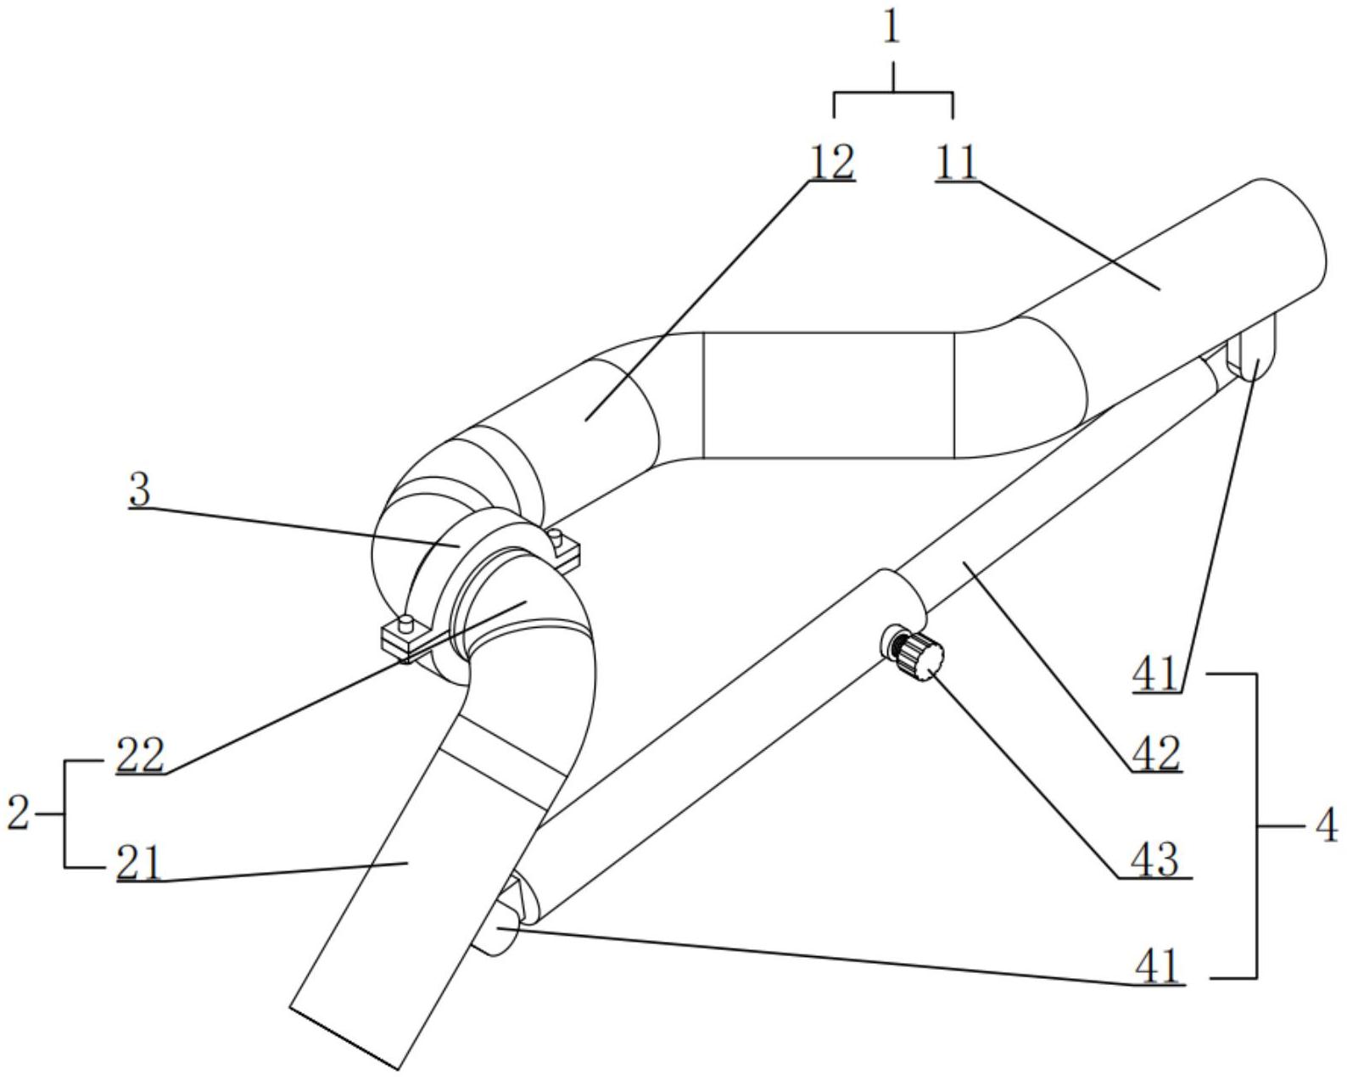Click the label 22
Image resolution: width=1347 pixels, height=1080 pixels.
pos(140,755)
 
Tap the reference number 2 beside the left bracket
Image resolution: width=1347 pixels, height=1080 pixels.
pos(18,813)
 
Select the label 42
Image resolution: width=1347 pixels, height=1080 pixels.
pos(1156,753)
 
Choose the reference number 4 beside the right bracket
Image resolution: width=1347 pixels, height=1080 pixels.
pos(1327,825)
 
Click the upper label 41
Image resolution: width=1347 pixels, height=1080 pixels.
pos(1155,674)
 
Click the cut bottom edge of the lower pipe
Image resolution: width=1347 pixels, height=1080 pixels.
pos(344,1037)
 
